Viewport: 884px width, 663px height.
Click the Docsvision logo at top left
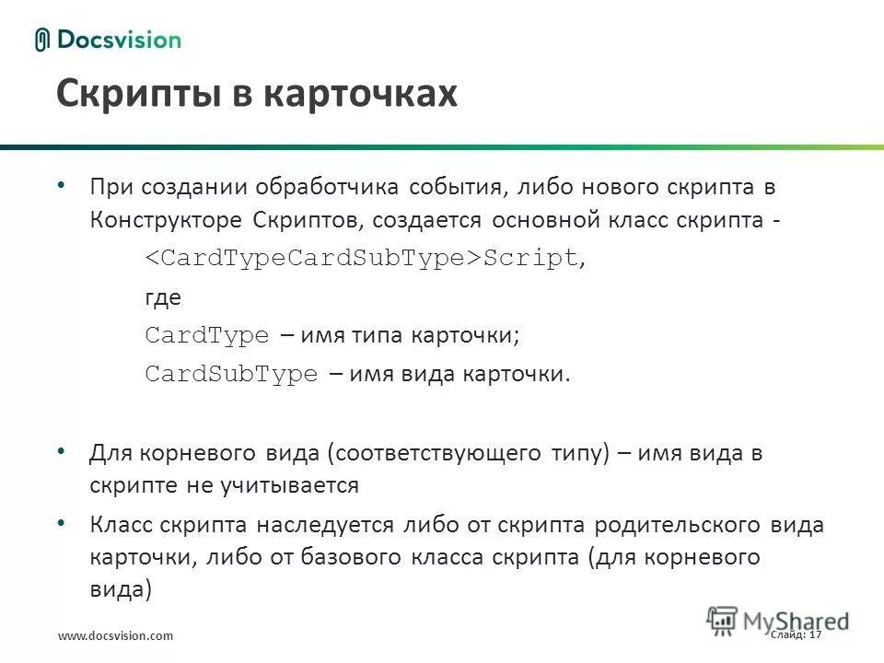tap(109, 40)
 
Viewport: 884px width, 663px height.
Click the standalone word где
tap(163, 297)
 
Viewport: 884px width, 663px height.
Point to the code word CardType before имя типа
tap(207, 335)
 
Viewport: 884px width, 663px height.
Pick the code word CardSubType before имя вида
tap(231, 374)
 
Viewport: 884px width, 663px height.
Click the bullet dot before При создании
tap(62, 185)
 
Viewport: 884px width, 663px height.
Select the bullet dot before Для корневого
tap(62, 451)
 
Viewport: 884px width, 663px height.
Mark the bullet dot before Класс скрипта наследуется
tap(62, 522)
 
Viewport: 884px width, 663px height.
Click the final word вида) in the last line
tap(120, 590)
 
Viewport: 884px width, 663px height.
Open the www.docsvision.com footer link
tap(115, 636)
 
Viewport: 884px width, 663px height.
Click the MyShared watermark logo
tap(778, 620)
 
